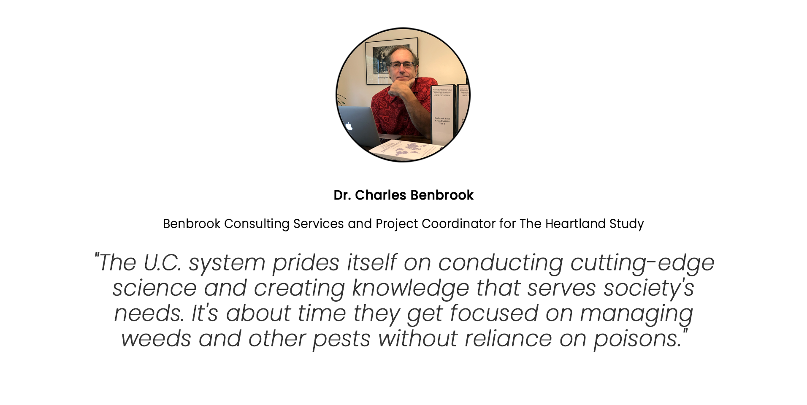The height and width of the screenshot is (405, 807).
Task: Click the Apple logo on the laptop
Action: point(349,126)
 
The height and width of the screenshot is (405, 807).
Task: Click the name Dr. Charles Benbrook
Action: point(403,195)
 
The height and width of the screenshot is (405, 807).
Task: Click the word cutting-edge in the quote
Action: point(642,262)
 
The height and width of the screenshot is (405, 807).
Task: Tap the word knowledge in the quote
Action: point(410,289)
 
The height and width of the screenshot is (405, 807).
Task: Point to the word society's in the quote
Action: point(649,288)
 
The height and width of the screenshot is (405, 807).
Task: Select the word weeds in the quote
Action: point(156,339)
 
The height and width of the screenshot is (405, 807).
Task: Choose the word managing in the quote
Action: point(636,314)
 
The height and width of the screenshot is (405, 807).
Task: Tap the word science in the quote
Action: point(154,288)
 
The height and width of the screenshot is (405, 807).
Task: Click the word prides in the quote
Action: point(306,263)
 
